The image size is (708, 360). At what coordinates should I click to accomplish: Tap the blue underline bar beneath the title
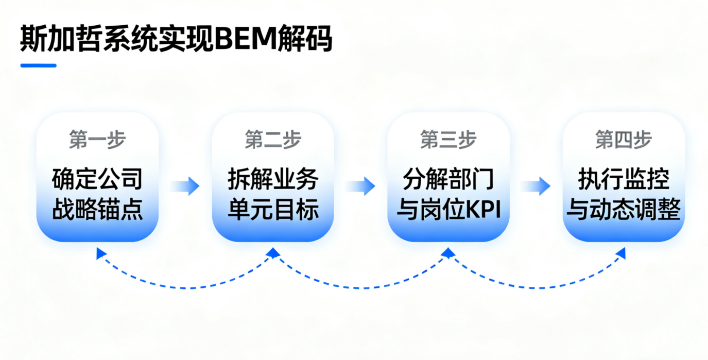(x=38, y=65)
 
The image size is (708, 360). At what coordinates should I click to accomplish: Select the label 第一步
(x=97, y=140)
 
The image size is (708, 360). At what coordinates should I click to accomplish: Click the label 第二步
(x=273, y=140)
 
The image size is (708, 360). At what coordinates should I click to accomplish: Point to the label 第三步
(x=448, y=140)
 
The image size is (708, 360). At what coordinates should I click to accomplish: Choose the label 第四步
(x=624, y=140)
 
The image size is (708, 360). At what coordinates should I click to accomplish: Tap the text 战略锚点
(x=97, y=210)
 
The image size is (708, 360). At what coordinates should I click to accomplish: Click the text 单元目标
(x=273, y=210)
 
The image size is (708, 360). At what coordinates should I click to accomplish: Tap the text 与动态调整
(x=624, y=210)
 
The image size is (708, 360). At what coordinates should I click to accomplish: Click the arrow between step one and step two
(x=185, y=186)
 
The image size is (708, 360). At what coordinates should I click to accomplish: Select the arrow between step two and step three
(x=361, y=186)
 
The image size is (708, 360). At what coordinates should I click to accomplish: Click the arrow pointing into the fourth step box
(x=536, y=186)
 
